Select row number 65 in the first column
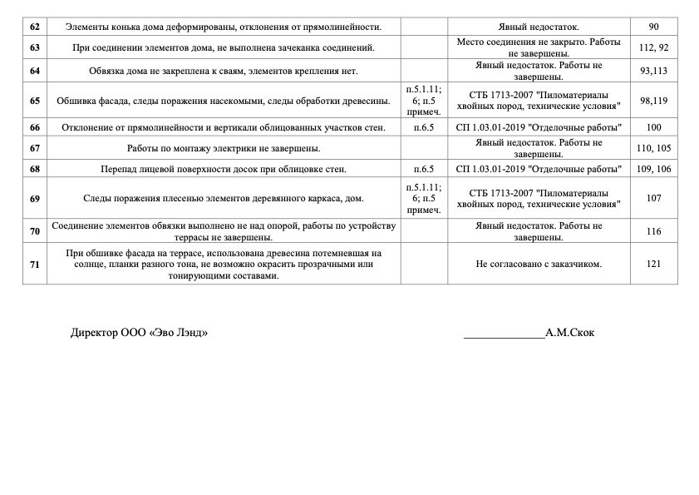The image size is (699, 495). point(35,101)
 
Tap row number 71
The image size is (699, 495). point(35,264)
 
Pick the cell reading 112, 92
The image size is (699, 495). point(653,47)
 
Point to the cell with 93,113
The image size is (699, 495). point(653,71)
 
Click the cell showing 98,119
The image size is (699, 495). point(653,101)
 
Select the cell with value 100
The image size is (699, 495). point(653,127)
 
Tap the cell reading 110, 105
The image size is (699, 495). point(653,148)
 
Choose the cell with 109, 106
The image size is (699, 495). point(653,169)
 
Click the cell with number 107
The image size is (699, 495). point(653,198)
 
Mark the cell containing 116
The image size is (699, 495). point(653,231)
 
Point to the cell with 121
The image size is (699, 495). point(653,264)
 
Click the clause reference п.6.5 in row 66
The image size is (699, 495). point(424,127)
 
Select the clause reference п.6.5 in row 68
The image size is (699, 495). point(424,169)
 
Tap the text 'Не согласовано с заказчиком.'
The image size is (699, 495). point(539,264)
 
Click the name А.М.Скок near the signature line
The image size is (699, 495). point(569,333)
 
